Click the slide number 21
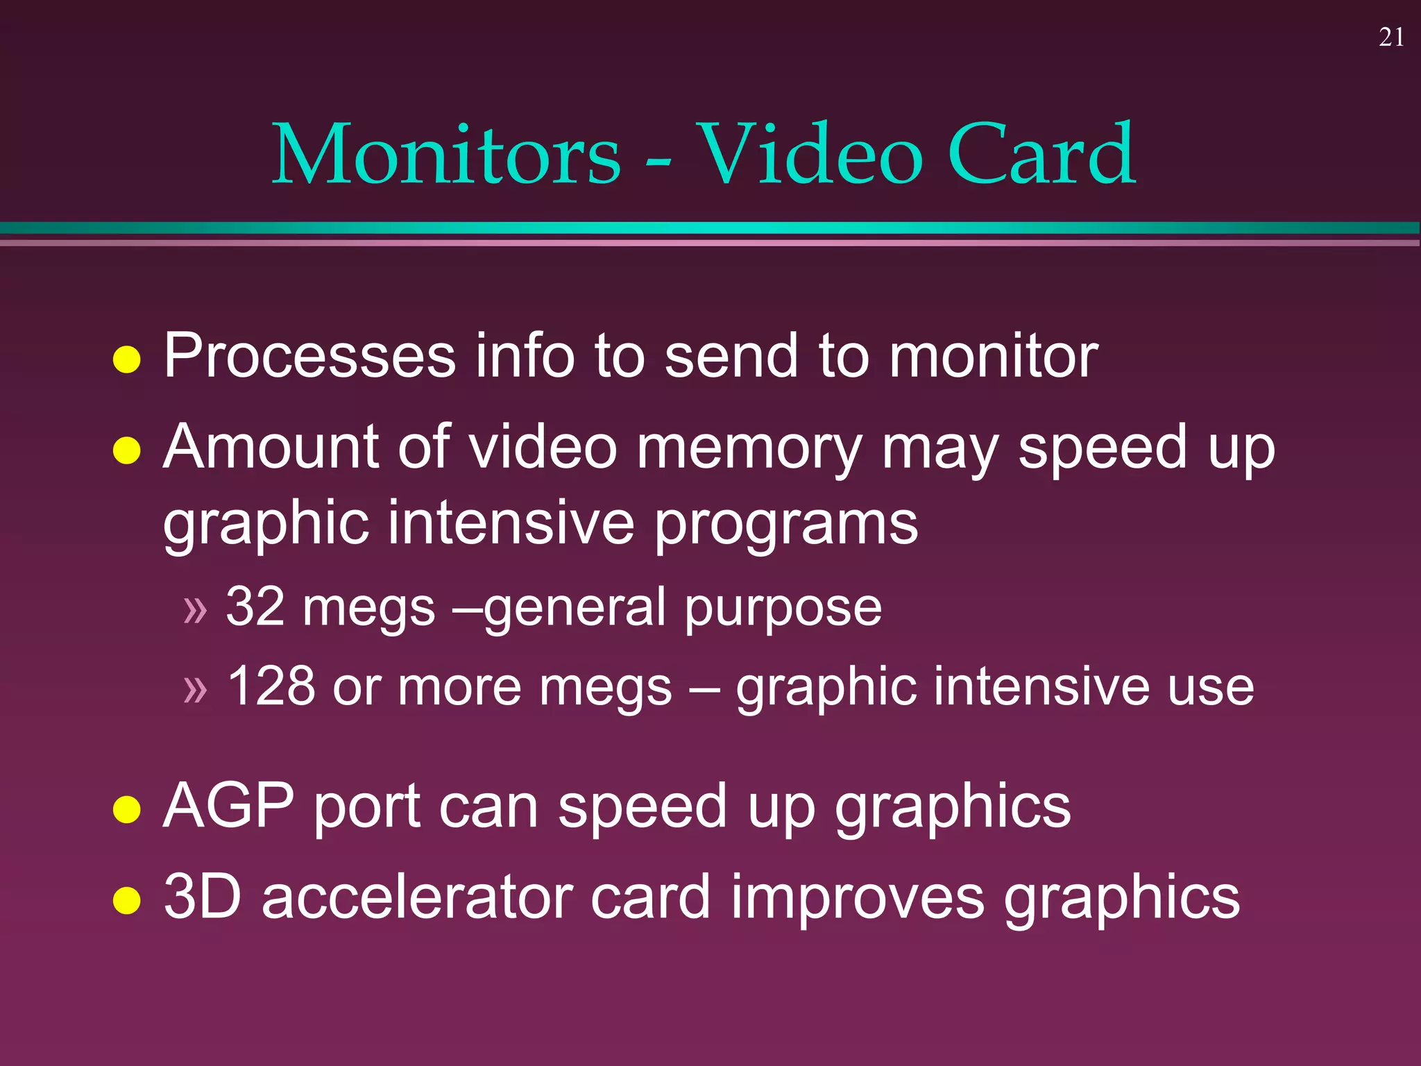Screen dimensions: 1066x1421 click(1391, 37)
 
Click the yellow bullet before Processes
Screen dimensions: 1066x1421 click(127, 359)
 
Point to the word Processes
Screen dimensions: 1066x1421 click(309, 355)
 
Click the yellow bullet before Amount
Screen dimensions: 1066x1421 click(127, 450)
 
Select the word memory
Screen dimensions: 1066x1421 click(749, 448)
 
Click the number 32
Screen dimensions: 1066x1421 click(255, 607)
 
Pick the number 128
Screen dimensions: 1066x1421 click(271, 686)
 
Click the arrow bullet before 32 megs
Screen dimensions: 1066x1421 click(195, 610)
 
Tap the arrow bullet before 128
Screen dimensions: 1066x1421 click(195, 689)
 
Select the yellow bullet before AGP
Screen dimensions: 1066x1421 click(127, 809)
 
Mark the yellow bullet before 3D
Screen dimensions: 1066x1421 click(127, 900)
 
